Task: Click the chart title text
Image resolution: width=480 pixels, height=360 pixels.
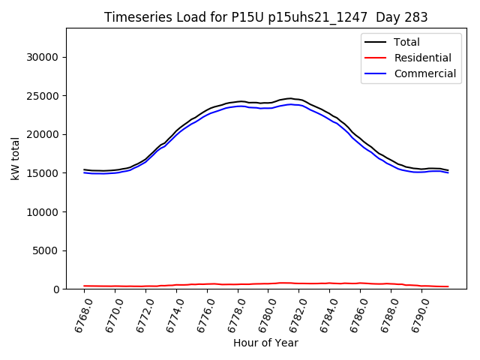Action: click(x=265, y=17)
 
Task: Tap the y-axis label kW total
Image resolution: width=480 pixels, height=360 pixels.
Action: click(x=15, y=159)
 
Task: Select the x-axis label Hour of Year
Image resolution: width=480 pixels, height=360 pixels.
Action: click(x=265, y=343)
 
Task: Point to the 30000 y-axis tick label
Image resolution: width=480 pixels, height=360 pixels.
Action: click(x=43, y=57)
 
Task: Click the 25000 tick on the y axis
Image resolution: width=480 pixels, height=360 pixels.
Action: click(x=43, y=96)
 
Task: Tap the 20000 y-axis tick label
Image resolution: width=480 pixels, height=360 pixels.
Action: click(x=43, y=134)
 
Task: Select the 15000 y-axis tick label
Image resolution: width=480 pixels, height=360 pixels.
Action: click(x=43, y=173)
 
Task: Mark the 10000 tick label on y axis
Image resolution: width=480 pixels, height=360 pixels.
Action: click(x=43, y=211)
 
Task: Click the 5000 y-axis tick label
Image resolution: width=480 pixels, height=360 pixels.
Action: click(x=46, y=250)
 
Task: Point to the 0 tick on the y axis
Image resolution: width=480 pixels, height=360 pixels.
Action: click(x=56, y=289)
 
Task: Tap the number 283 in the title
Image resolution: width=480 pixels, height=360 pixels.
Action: click(x=416, y=17)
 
